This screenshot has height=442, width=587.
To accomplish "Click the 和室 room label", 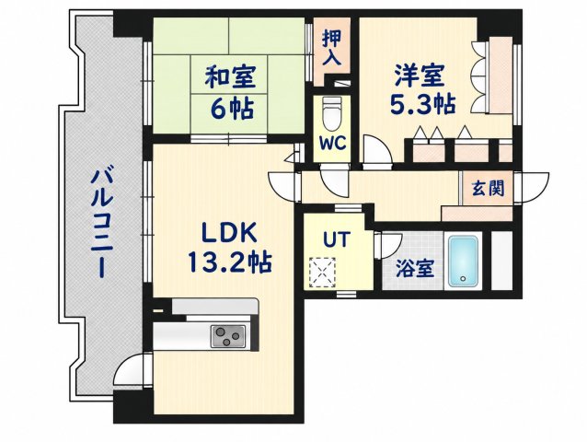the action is [x=230, y=76].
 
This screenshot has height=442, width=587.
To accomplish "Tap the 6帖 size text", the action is [x=232, y=108].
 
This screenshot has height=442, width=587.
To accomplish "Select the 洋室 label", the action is [x=420, y=76].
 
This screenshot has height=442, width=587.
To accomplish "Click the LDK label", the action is [x=229, y=233].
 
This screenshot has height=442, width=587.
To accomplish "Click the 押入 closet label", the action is [x=332, y=48].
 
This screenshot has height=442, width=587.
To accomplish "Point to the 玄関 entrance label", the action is [x=488, y=188].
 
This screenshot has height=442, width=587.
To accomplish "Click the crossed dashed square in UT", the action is [x=322, y=273].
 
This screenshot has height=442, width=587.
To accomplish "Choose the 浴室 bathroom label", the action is [x=415, y=269].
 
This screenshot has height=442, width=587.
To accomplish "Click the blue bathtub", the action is [x=465, y=261].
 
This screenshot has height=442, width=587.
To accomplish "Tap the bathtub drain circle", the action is [x=464, y=279].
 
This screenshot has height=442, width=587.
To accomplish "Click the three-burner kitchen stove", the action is [x=228, y=336].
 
